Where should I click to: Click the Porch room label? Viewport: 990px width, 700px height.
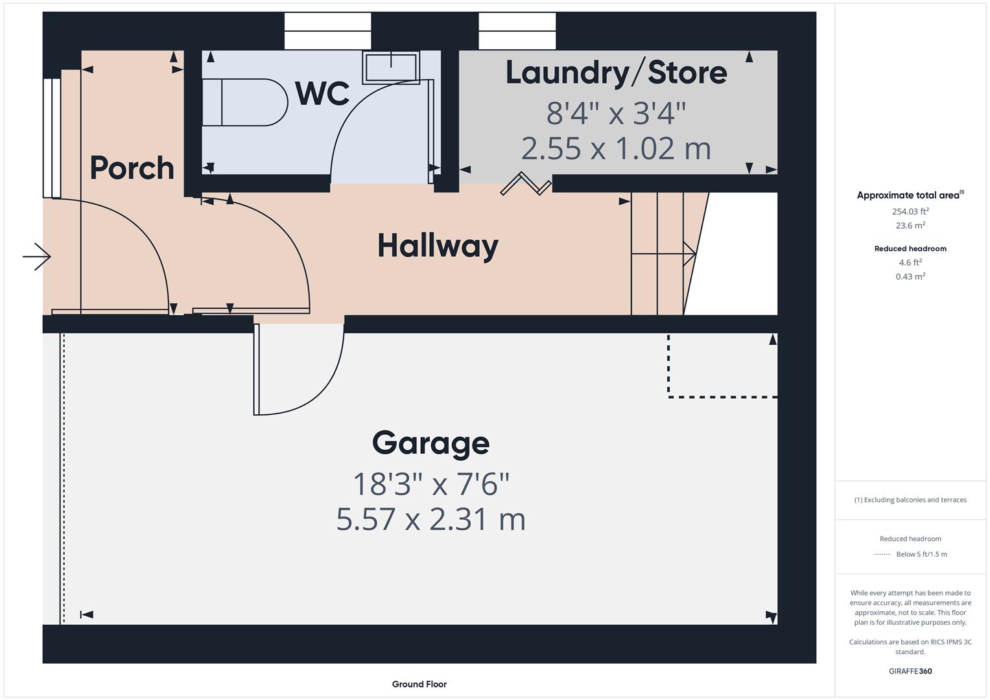point(132,168)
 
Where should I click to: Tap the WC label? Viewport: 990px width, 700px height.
point(322,93)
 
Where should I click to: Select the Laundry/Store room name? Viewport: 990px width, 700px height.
point(616,72)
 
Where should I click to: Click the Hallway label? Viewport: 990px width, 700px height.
point(438,246)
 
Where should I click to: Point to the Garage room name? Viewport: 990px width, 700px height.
point(430,443)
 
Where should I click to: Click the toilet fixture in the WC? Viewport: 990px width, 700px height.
point(245,102)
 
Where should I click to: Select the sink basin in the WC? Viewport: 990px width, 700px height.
point(390,67)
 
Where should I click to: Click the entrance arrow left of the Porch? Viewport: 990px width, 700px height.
point(37,257)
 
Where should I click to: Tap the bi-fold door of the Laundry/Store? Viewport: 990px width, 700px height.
point(526,184)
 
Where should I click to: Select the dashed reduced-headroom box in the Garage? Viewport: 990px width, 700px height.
point(722,365)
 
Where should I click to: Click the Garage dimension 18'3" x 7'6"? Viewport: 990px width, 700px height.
point(430,484)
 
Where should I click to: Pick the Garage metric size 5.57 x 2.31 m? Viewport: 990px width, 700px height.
point(430,519)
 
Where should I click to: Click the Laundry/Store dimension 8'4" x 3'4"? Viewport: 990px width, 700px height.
point(616,113)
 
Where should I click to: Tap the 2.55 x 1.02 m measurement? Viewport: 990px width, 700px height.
point(616,148)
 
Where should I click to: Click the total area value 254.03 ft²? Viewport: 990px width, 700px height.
point(910,211)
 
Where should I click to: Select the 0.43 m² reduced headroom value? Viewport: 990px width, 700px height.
point(910,277)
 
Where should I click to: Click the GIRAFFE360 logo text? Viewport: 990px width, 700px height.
point(910,671)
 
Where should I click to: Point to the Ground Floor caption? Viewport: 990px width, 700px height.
point(419,684)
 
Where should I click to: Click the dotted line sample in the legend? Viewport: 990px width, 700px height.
point(882,554)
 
